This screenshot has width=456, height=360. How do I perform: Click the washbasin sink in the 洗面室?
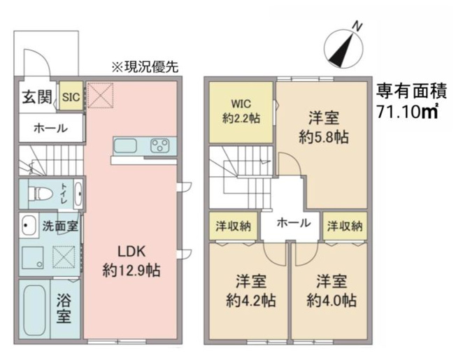[29, 226]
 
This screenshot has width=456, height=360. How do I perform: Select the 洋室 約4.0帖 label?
[332, 291]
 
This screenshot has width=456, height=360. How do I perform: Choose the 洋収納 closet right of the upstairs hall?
[345, 226]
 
